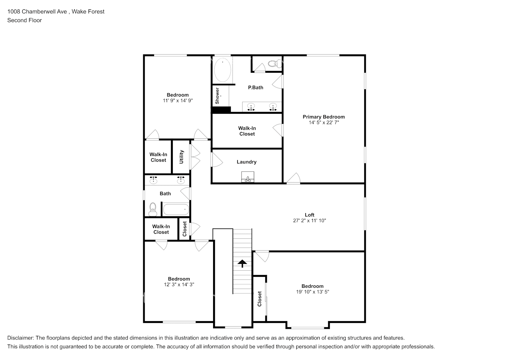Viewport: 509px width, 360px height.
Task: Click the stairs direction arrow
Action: pyautogui.click(x=242, y=264)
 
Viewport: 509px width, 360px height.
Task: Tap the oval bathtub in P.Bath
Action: pyautogui.click(x=223, y=70)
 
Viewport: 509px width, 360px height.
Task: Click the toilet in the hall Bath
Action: pyautogui.click(x=153, y=209)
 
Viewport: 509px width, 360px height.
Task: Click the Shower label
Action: pyautogui.click(x=217, y=96)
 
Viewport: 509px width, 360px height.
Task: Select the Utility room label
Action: pyautogui.click(x=181, y=157)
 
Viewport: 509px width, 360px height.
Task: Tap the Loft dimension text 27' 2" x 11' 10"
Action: pyautogui.click(x=309, y=221)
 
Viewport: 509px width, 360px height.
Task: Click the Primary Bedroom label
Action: pyautogui.click(x=324, y=117)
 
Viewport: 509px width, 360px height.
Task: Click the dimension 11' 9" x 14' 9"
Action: pyautogui.click(x=178, y=101)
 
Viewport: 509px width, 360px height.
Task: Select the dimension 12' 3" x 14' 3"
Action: pyautogui.click(x=179, y=284)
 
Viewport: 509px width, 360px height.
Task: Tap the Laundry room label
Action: pyautogui.click(x=247, y=162)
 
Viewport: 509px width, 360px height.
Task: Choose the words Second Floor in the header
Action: pyautogui.click(x=24, y=20)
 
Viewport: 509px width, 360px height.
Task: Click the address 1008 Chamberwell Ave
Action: pyautogui.click(x=37, y=12)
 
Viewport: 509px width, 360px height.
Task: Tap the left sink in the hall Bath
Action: pyautogui.click(x=154, y=180)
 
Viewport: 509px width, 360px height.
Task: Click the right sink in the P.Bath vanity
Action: pyautogui.click(x=273, y=107)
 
